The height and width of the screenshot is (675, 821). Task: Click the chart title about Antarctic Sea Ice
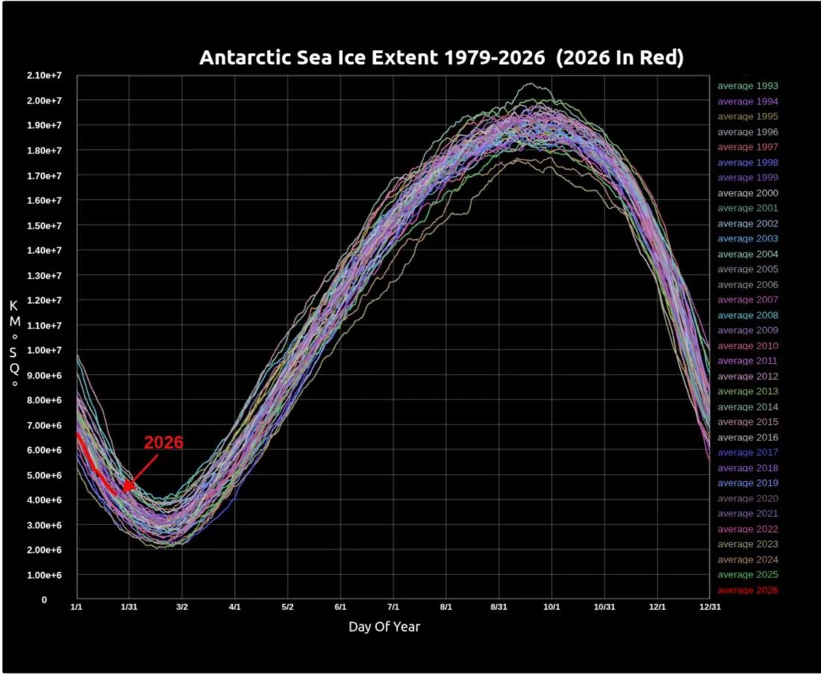(x=441, y=58)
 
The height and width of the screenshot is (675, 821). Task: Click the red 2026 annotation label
(x=163, y=443)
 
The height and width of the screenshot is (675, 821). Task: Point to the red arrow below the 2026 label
(x=140, y=472)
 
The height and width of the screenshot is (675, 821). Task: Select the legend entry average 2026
(x=747, y=590)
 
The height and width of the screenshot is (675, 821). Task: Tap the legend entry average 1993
(x=747, y=86)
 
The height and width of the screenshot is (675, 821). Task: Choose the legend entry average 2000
(x=747, y=193)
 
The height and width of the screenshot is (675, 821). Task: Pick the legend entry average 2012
(x=747, y=376)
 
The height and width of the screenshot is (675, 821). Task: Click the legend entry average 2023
(x=747, y=544)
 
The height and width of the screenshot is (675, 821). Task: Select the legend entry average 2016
(x=747, y=437)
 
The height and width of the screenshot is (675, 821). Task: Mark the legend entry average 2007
(x=747, y=300)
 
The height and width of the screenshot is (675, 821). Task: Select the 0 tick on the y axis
(x=44, y=600)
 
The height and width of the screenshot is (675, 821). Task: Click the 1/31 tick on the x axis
(x=129, y=607)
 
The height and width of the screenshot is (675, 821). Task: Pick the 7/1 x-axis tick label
(x=393, y=607)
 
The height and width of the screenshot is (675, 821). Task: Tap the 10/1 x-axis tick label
(x=552, y=607)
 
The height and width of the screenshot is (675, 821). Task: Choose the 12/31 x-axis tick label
(x=709, y=607)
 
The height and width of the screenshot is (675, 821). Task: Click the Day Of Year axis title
(x=384, y=627)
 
